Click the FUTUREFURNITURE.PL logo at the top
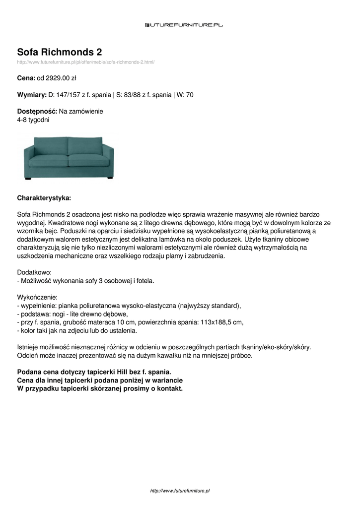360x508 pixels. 184,24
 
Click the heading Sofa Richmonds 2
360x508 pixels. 60,52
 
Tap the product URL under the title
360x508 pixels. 86,62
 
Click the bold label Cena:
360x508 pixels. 26,78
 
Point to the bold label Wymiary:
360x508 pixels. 32,94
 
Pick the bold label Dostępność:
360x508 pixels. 37,111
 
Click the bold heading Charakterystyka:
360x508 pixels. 44,198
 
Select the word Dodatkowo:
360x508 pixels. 34,272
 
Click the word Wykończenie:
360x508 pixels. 37,297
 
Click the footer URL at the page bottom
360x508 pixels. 180,491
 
